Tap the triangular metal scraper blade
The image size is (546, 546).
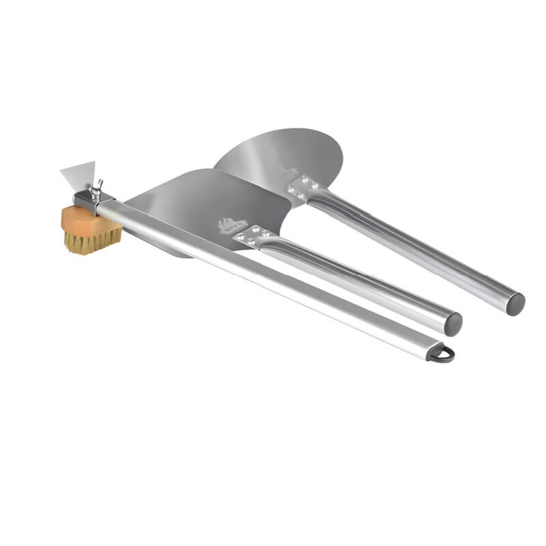click(x=78, y=174)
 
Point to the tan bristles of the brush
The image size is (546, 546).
click(x=93, y=241)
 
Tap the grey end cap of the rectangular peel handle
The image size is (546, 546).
click(x=452, y=324)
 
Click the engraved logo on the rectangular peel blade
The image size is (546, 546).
click(x=228, y=224)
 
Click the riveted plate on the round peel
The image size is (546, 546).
click(x=302, y=186)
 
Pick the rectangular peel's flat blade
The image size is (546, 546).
click(x=205, y=198)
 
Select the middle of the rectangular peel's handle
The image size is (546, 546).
click(x=355, y=280)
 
